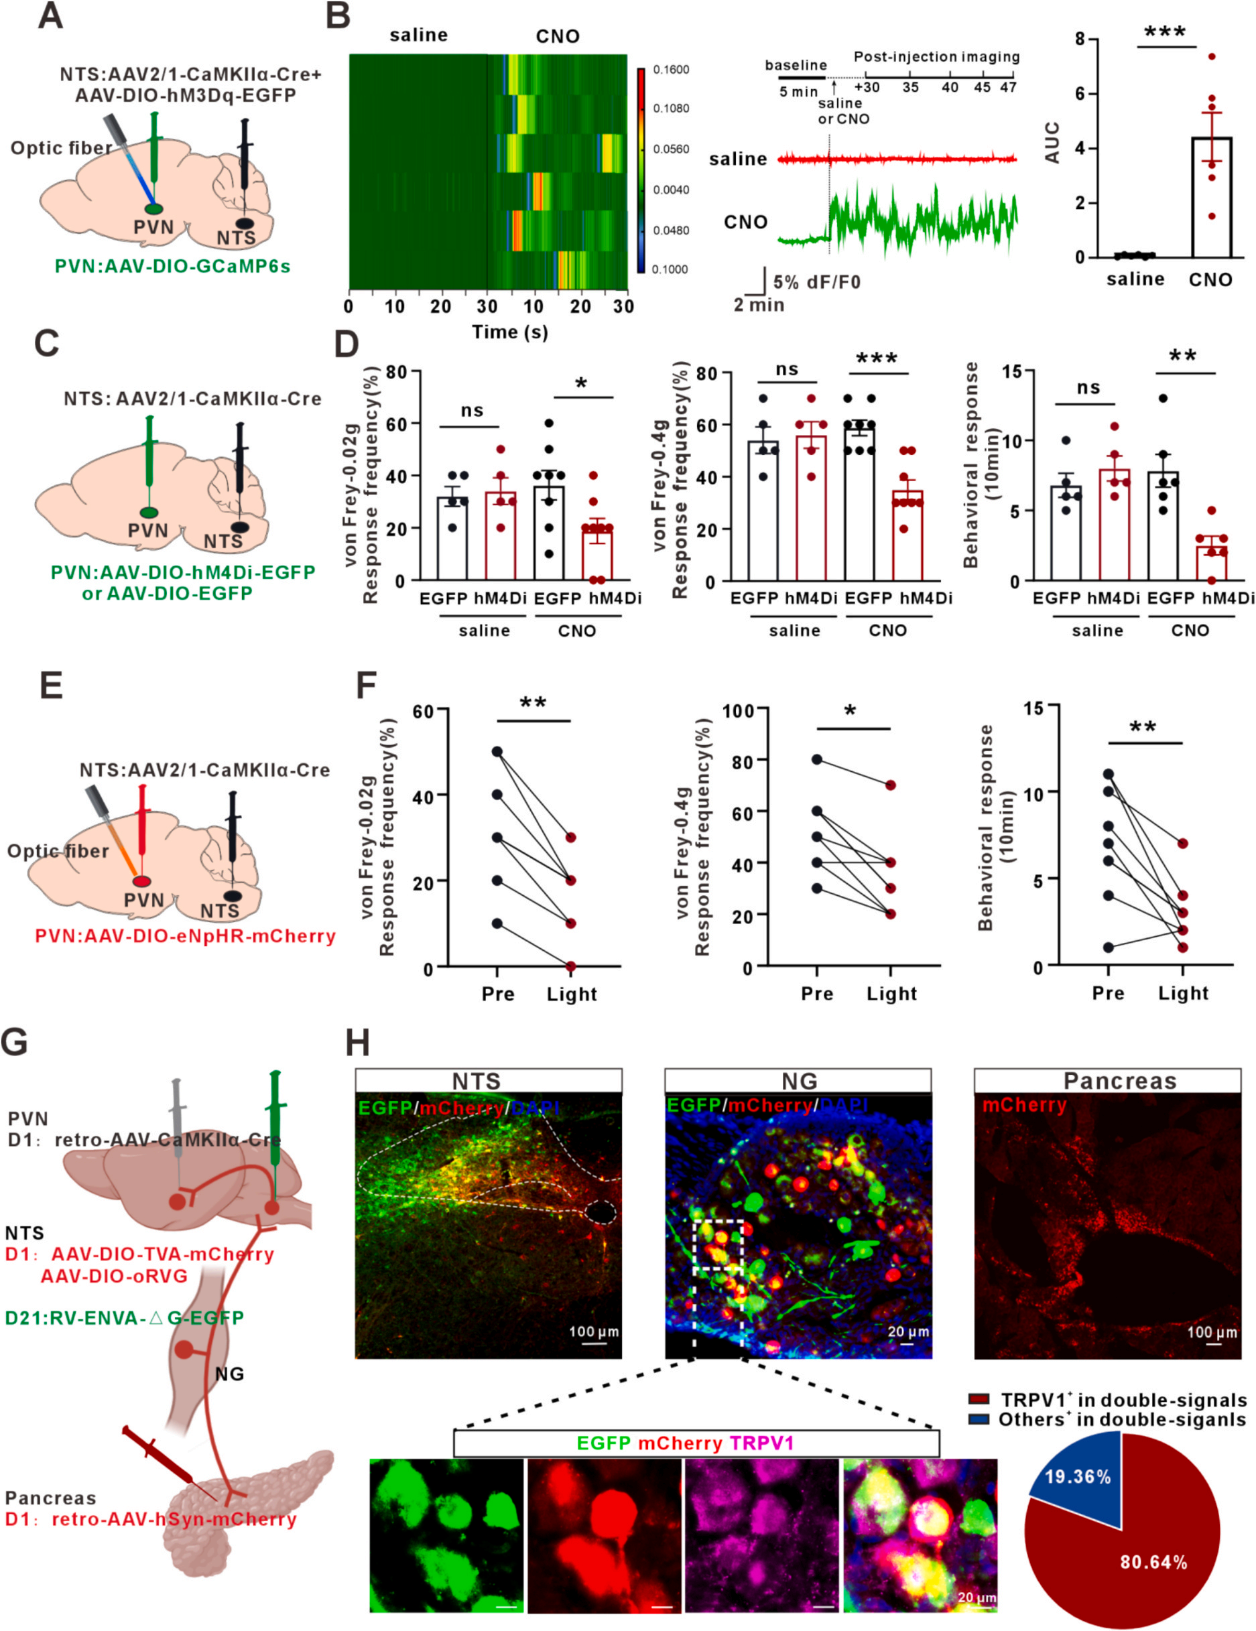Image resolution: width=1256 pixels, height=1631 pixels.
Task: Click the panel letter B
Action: [x=338, y=17]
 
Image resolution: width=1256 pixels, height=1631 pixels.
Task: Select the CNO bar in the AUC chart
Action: [x=1210, y=198]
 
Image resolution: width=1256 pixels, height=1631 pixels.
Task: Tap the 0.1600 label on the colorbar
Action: [x=671, y=70]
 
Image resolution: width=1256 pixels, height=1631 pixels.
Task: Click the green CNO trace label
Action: [x=745, y=222]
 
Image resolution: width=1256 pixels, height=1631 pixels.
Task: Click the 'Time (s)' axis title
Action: [x=509, y=332]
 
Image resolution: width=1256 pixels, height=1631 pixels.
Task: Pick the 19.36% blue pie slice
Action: [x=1080, y=1476]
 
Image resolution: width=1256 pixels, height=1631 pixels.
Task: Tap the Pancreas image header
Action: [x=1107, y=1081]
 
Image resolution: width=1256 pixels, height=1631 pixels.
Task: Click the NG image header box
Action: [x=798, y=1081]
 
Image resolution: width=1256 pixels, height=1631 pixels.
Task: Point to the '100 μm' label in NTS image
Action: [x=594, y=1331]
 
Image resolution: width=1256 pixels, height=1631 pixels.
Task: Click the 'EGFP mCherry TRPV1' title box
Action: [x=696, y=1443]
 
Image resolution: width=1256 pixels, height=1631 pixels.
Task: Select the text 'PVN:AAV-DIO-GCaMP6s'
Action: [x=172, y=265]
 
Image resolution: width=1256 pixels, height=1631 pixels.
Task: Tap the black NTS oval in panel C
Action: [x=239, y=527]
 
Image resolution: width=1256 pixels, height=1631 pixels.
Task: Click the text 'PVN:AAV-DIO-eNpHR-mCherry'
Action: [x=184, y=935]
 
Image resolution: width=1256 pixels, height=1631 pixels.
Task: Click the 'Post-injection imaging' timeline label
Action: [x=936, y=57]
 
